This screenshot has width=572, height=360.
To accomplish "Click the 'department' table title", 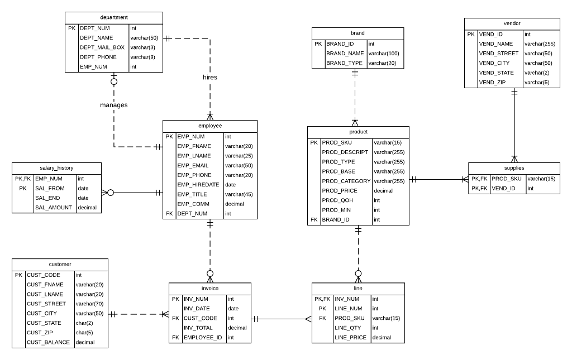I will (114, 18).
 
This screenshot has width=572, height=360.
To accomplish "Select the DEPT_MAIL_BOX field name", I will (102, 47).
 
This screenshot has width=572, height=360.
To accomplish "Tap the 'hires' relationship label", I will (210, 77).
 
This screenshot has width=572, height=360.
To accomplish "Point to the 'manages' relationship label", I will (114, 105).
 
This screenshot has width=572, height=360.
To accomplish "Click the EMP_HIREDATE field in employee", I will (198, 185).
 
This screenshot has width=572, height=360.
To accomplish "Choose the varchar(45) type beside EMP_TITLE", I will (239, 194).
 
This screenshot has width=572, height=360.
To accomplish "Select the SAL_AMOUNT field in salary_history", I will (53, 208).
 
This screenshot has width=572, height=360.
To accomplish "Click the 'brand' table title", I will (357, 33).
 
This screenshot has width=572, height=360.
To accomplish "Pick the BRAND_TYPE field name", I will (345, 63).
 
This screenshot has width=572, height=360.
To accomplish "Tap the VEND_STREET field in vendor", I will (499, 54).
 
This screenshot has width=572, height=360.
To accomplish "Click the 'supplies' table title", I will (513, 168).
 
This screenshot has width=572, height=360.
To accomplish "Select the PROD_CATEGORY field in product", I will (346, 181).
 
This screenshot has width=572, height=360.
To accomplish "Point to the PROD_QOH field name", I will (337, 200).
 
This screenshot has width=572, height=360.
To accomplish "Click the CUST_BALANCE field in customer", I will (49, 342).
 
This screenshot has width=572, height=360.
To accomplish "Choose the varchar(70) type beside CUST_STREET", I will (89, 304).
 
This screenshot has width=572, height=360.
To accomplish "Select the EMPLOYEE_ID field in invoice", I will (203, 337).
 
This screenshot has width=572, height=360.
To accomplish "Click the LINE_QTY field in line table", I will (348, 328).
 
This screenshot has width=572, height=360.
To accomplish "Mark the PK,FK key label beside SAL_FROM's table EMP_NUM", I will (22, 179).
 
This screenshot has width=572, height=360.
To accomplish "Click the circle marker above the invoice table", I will (210, 273).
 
